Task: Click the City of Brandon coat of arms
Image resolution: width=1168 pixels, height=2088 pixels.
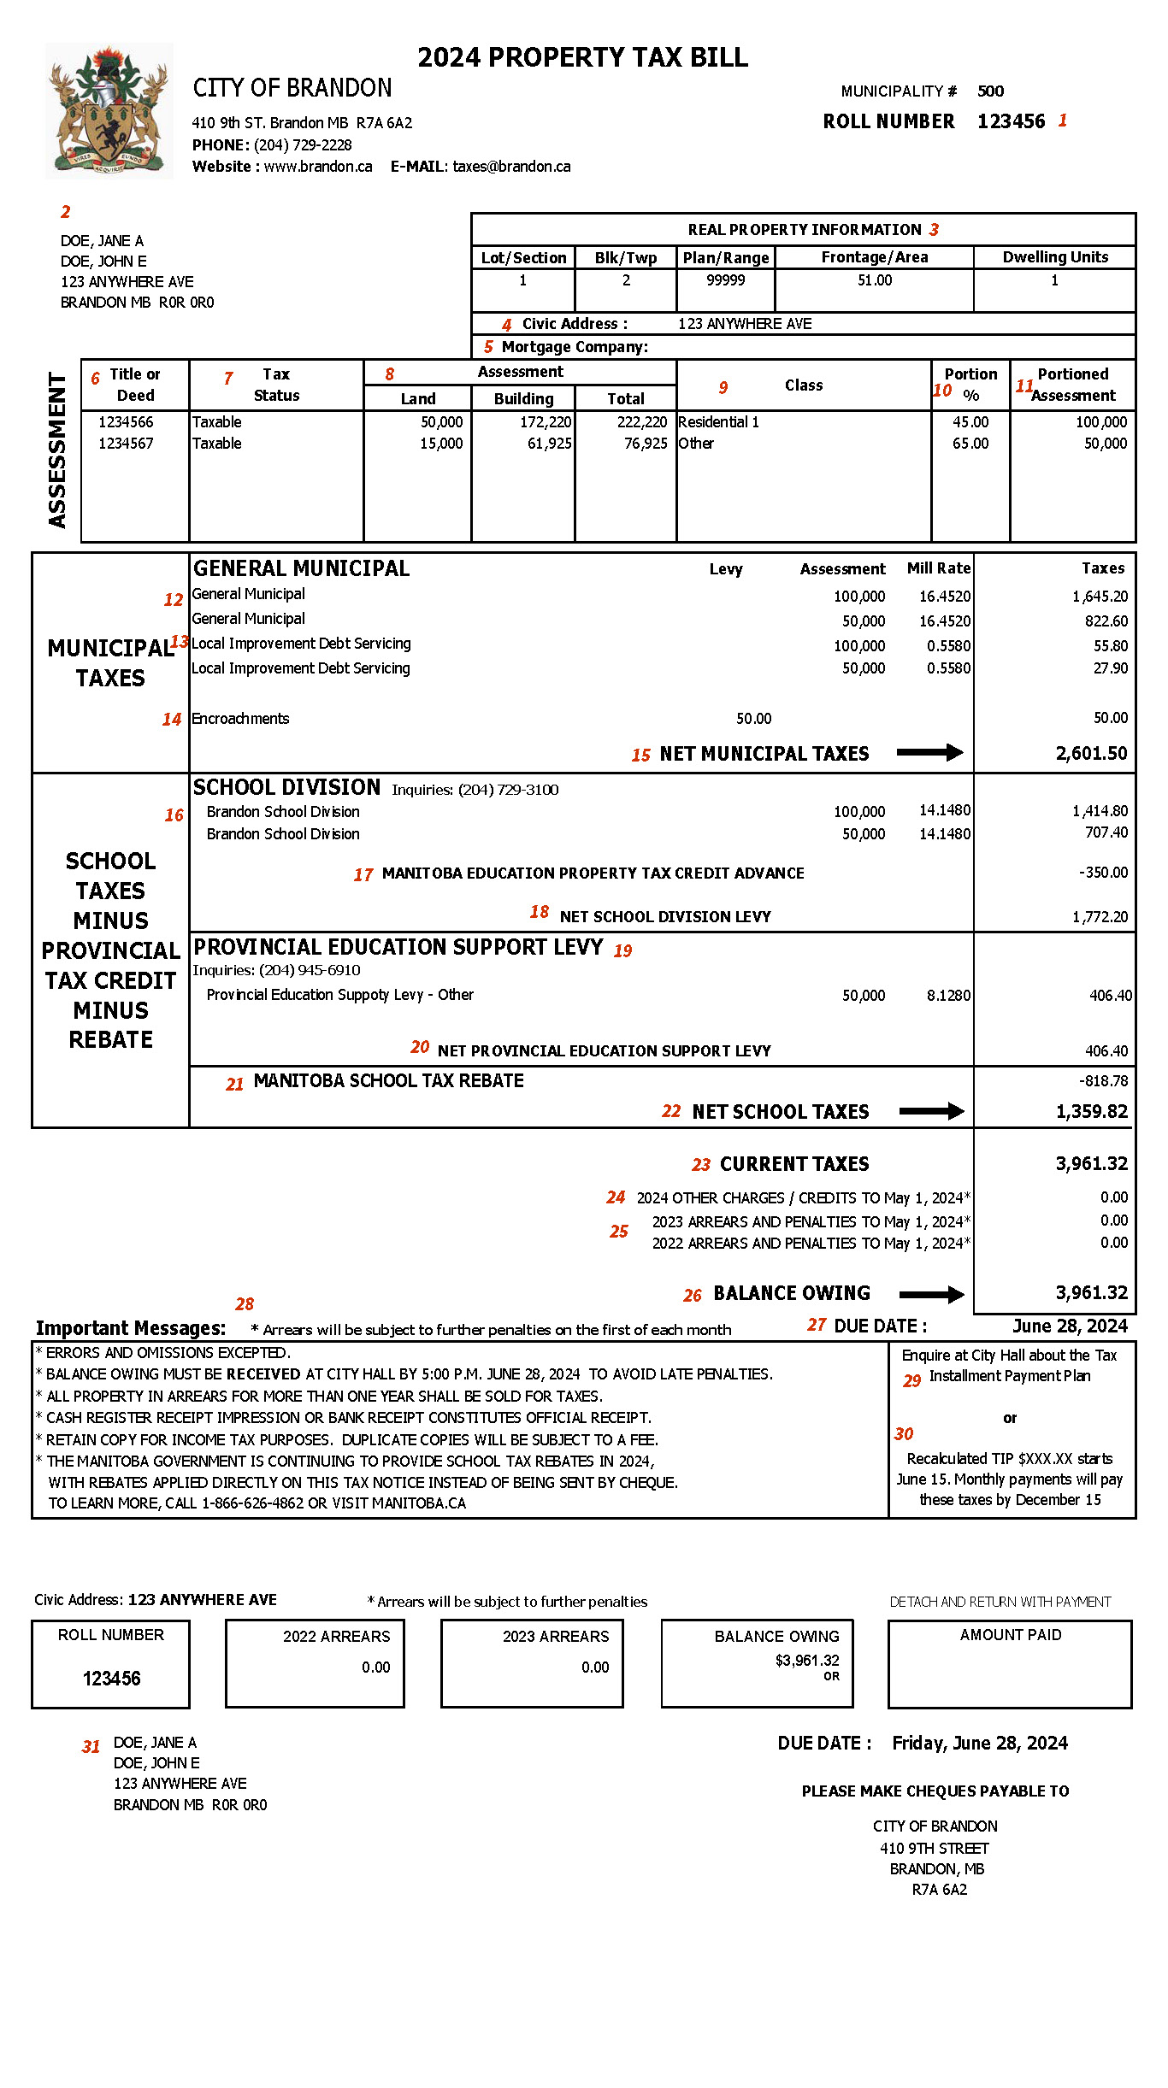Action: [x=109, y=111]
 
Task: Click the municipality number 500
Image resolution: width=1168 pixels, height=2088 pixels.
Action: [x=990, y=91]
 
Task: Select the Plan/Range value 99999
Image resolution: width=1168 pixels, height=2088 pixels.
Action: [x=725, y=280]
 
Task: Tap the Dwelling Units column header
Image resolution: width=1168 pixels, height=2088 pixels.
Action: [x=1054, y=257]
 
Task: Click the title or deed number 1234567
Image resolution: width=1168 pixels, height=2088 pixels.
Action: [x=126, y=444]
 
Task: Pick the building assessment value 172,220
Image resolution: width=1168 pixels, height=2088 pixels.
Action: [x=546, y=422]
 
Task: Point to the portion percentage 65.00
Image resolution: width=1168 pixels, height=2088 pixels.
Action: [x=970, y=444]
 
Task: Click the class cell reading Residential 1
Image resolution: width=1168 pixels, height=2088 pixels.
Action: [x=718, y=422]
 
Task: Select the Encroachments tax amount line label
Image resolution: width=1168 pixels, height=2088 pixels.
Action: [x=240, y=719]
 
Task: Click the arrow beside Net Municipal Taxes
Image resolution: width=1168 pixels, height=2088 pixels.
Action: [x=929, y=752]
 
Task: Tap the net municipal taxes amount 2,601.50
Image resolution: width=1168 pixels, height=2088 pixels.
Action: [x=1091, y=753]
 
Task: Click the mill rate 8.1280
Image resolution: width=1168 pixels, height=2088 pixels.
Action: [x=948, y=996]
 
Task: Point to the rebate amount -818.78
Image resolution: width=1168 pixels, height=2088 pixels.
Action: [x=1103, y=1081]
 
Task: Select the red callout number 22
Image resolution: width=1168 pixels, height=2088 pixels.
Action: [x=671, y=1111]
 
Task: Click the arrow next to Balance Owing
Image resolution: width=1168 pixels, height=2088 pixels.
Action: [x=931, y=1294]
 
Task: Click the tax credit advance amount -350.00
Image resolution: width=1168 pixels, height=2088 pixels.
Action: [x=1103, y=873]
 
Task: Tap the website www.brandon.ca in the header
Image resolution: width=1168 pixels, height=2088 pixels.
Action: [x=317, y=167]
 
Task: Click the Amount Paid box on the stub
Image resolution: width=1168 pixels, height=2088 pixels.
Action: [x=1010, y=1663]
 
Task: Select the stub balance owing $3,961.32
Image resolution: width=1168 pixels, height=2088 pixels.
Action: [x=806, y=1661]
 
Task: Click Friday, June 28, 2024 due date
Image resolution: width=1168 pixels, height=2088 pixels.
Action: [x=979, y=1743]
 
